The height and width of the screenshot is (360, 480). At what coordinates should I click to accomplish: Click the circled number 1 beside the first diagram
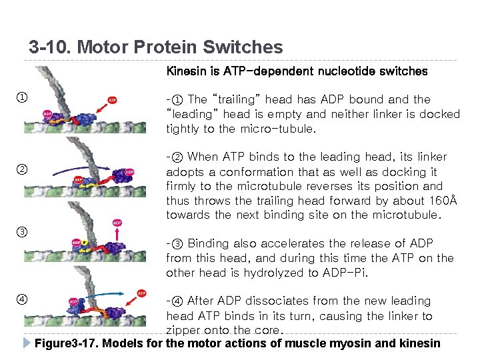coord(21,99)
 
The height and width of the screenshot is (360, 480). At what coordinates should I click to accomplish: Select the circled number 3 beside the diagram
coord(21,232)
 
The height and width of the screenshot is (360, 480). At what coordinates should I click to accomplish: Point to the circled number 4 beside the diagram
coord(21,298)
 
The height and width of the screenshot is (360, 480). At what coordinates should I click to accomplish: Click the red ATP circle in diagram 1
coord(112,100)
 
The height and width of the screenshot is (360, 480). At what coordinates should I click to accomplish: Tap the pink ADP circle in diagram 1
coord(48,114)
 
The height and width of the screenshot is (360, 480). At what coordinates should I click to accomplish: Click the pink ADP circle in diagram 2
coord(129,172)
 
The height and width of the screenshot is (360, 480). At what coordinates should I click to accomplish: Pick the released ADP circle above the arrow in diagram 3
coord(117,222)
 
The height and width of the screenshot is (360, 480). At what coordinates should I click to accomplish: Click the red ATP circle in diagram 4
coord(141,293)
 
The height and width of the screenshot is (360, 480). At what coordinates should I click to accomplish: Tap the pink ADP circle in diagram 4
coord(74,301)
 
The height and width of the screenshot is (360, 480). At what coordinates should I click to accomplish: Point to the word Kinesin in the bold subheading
coord(189,71)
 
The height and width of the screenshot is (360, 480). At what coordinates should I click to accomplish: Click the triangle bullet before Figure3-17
coord(27,343)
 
